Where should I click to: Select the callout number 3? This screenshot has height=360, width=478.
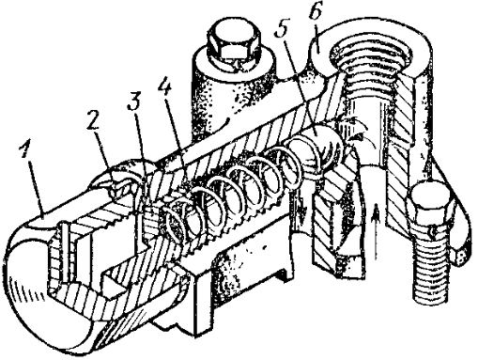click(134, 101)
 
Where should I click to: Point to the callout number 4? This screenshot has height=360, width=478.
click(164, 86)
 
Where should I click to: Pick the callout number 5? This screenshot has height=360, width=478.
click(282, 31)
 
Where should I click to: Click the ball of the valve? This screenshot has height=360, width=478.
click(323, 142)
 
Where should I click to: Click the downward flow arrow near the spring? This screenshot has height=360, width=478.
click(301, 210)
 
